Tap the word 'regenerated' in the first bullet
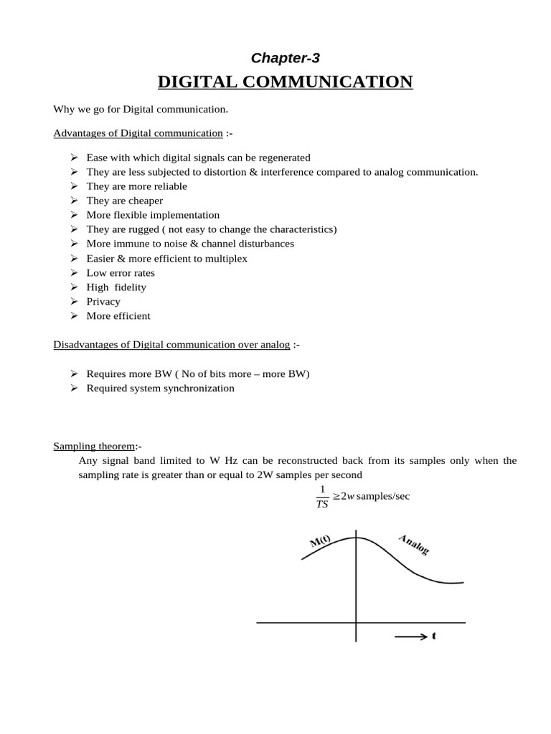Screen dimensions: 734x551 coord(284,158)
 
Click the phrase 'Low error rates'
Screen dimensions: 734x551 coord(121,273)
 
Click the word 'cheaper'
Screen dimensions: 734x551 coord(146,201)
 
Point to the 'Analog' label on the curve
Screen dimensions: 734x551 coord(413,544)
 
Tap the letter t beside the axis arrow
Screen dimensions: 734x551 coord(434,636)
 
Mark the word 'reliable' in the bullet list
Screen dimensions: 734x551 coord(168,186)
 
